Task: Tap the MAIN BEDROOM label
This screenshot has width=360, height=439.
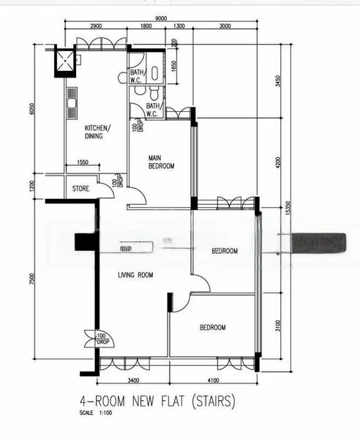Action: (161, 162)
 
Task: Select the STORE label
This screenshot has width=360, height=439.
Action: (80, 189)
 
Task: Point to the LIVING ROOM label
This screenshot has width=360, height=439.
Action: (135, 275)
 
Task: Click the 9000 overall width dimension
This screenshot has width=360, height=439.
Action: (163, 19)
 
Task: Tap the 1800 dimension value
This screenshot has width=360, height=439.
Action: (146, 27)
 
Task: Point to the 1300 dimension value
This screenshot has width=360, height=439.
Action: (179, 27)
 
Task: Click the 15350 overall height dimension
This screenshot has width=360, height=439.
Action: (289, 209)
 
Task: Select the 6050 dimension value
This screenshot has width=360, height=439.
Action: (31, 109)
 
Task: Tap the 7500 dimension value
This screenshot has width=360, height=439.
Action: (31, 282)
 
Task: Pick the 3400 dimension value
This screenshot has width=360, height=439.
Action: (133, 380)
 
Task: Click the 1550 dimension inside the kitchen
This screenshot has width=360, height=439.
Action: (82, 162)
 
